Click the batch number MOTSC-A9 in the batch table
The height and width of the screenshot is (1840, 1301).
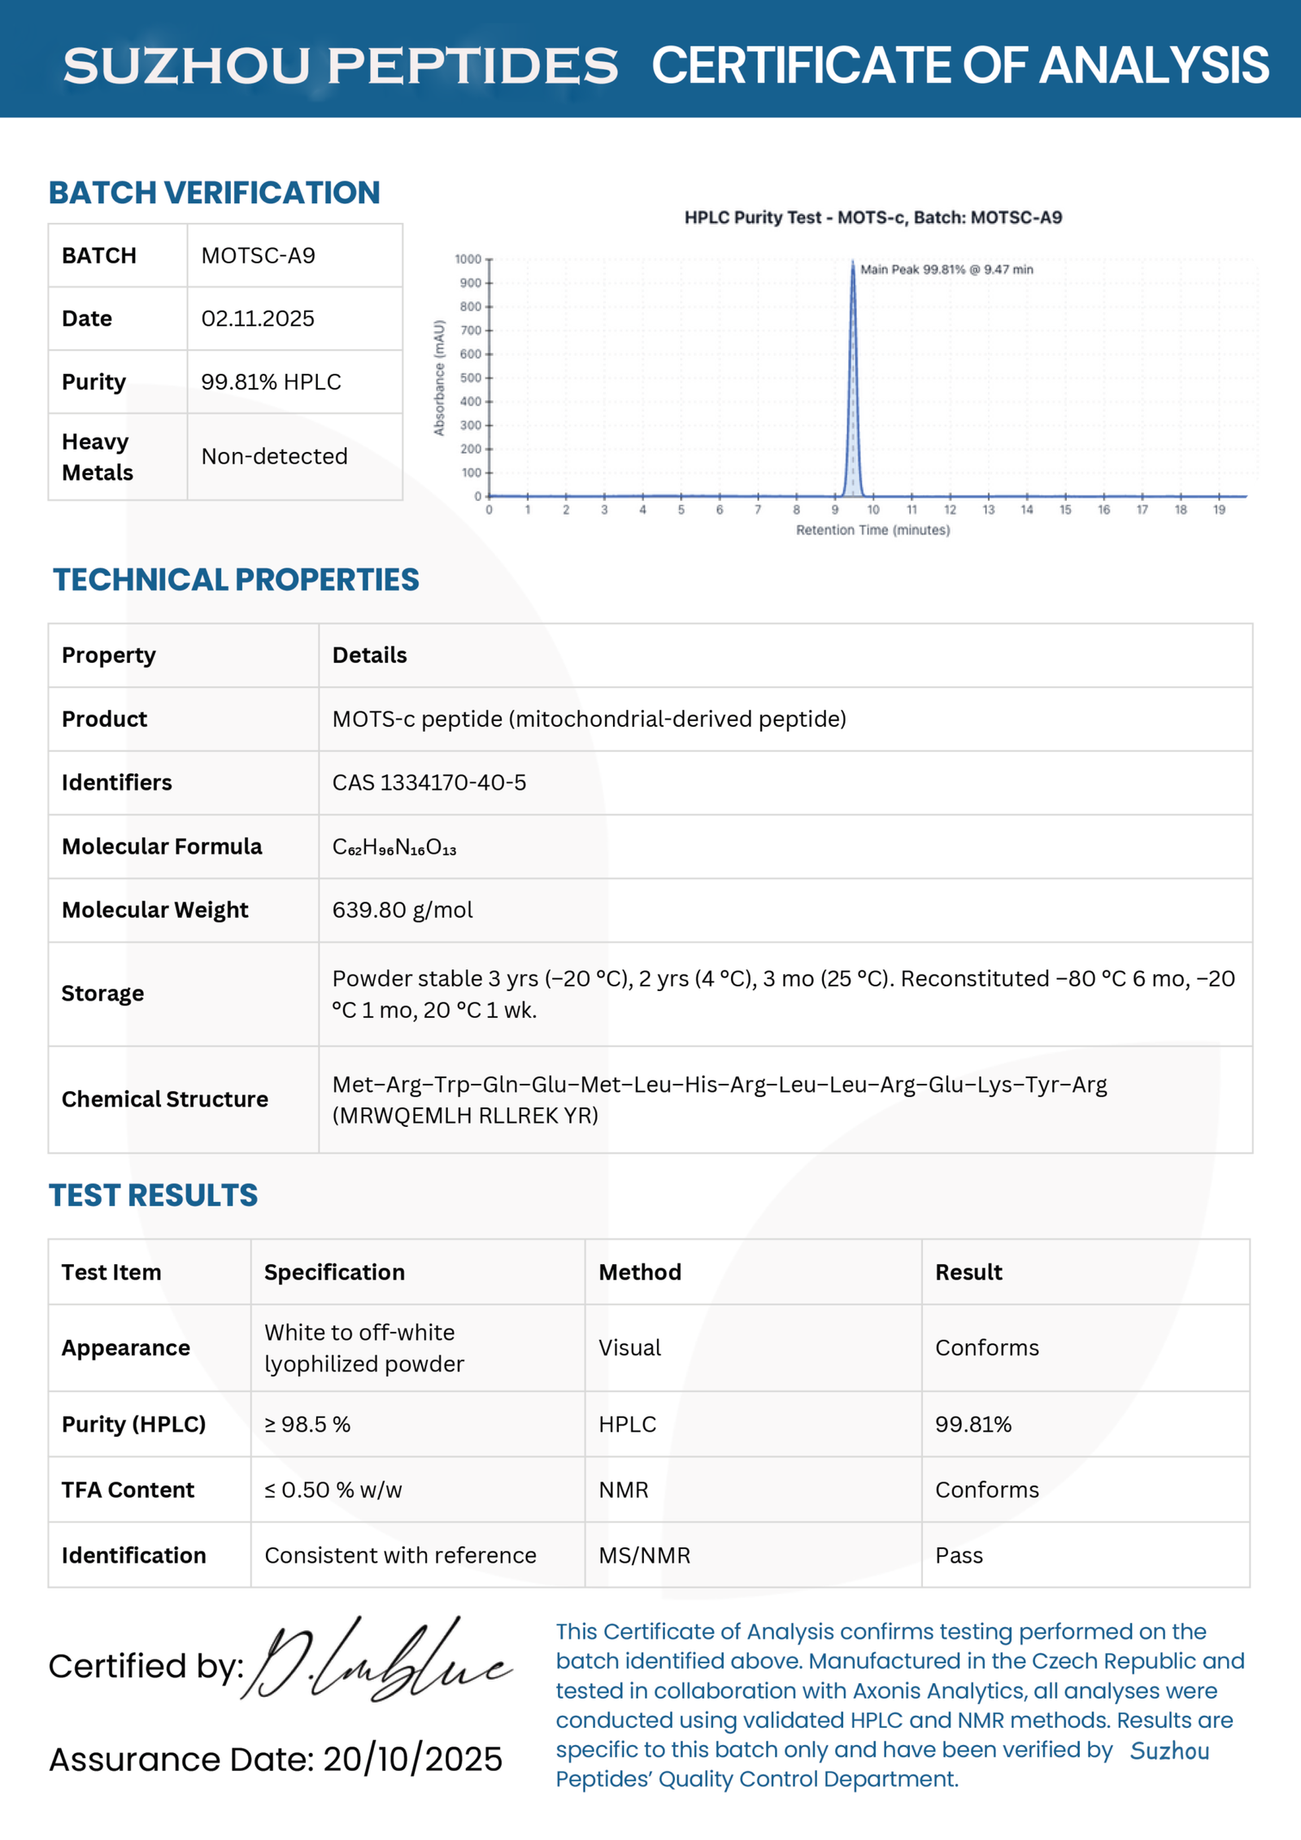[258, 256]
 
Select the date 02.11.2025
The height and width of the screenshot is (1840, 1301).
[258, 319]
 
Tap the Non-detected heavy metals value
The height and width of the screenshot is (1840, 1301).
[274, 456]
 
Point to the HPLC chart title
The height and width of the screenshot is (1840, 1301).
[872, 217]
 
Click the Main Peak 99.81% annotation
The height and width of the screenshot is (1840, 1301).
[946, 269]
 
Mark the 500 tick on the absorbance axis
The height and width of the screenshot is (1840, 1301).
[471, 378]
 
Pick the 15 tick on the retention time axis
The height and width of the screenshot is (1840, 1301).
[1065, 510]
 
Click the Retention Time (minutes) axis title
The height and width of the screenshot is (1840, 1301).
[872, 530]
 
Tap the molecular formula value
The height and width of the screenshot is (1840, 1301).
[394, 847]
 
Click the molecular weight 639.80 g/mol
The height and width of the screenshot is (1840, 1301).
[402, 910]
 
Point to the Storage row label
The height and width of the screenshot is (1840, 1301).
[102, 994]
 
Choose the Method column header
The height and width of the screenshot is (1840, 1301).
[640, 1272]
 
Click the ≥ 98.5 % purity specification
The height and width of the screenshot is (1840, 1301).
[307, 1424]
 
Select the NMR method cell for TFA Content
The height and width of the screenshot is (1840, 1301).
[624, 1490]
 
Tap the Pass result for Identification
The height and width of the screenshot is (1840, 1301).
[959, 1555]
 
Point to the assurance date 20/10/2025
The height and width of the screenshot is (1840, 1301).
[412, 1760]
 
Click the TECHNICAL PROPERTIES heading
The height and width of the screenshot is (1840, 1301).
[236, 580]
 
